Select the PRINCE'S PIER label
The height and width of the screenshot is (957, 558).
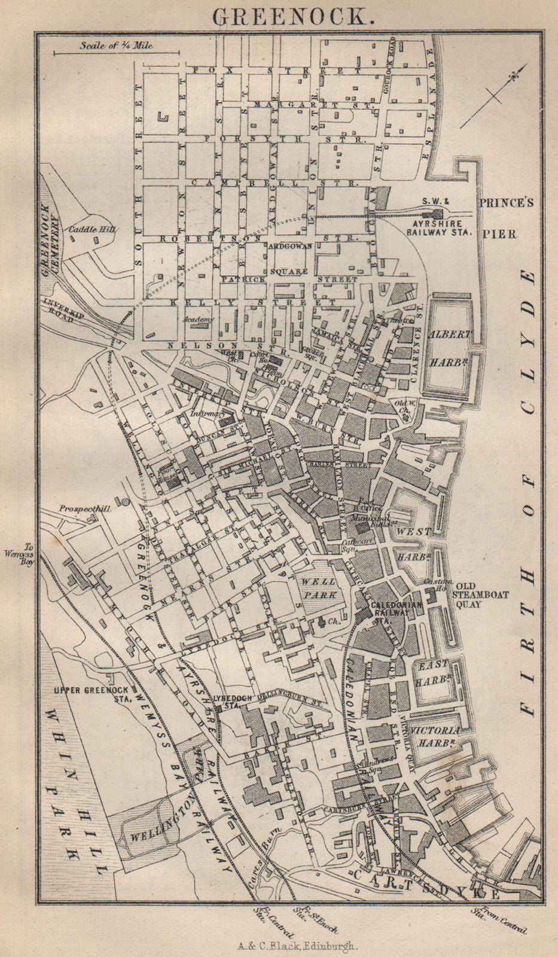tap(505, 218)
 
